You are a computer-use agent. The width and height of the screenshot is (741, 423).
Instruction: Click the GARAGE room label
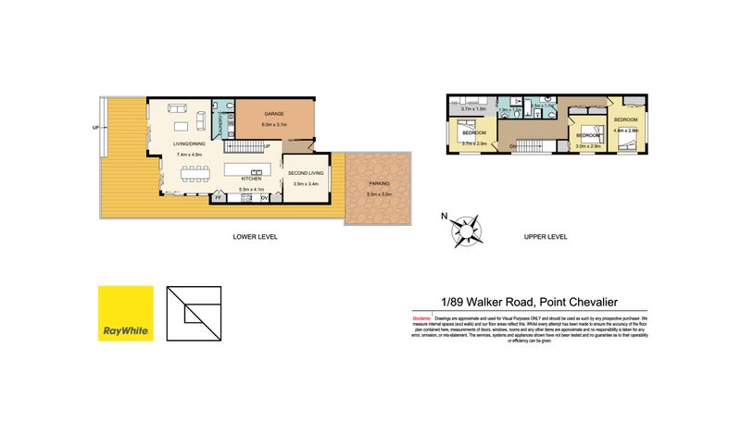274,114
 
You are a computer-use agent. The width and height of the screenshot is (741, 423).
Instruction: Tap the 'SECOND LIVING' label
305,173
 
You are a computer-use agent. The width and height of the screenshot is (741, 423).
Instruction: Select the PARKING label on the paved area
379,183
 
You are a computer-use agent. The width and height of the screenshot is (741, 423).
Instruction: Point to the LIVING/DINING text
189,143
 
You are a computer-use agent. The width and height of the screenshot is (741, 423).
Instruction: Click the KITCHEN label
252,179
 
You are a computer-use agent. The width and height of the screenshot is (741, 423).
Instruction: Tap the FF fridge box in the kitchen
218,197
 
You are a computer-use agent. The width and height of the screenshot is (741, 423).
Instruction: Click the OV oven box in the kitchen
264,197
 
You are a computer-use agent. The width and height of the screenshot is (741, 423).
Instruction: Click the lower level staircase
245,145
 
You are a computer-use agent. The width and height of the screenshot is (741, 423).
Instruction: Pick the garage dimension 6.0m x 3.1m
274,124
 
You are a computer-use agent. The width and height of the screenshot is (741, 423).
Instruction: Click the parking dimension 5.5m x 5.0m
379,193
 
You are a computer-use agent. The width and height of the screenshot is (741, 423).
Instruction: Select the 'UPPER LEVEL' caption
545,237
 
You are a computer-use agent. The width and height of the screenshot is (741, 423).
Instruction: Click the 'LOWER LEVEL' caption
255,237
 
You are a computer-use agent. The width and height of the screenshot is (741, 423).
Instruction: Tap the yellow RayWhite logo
126,313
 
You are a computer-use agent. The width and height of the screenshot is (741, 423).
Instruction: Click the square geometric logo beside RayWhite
195,313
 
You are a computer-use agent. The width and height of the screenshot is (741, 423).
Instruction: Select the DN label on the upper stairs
513,145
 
